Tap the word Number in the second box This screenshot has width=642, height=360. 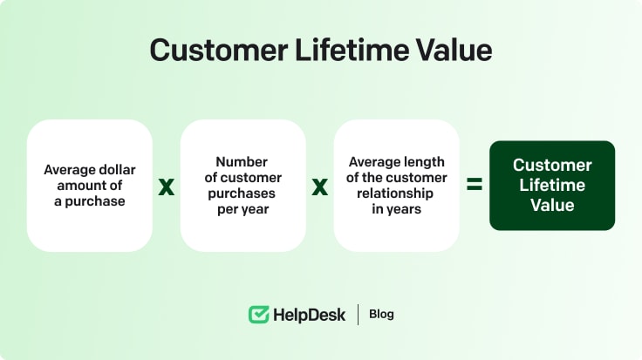(242, 162)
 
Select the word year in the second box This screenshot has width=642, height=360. (256, 209)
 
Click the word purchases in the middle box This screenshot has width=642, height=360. (243, 194)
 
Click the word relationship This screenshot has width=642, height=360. (397, 194)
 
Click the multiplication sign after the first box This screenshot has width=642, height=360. (166, 186)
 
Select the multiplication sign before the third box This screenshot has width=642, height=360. (320, 186)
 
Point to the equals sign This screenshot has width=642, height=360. (474, 185)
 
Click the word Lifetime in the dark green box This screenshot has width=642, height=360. (552, 186)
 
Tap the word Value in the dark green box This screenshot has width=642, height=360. (552, 206)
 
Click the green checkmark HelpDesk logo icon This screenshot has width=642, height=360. (258, 314)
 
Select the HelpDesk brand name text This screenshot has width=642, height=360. (309, 314)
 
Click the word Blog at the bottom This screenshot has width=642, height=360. (381, 314)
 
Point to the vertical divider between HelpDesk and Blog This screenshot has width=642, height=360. (358, 314)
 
